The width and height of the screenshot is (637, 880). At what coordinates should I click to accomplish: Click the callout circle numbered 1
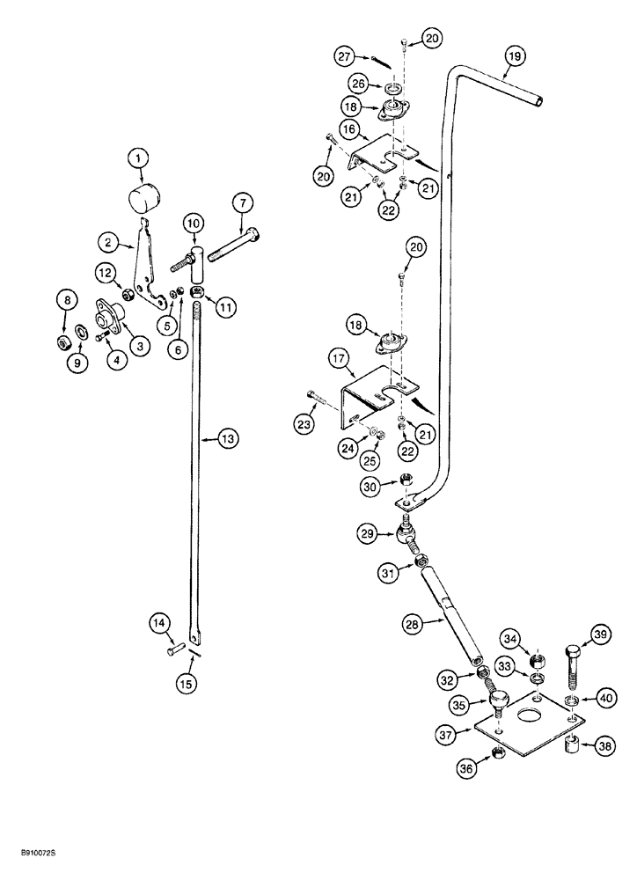pyautogui.click(x=137, y=159)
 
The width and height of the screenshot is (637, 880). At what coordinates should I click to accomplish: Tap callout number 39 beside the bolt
pyautogui.click(x=601, y=637)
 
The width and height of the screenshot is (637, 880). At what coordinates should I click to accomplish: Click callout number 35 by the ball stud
pyautogui.click(x=458, y=679)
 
